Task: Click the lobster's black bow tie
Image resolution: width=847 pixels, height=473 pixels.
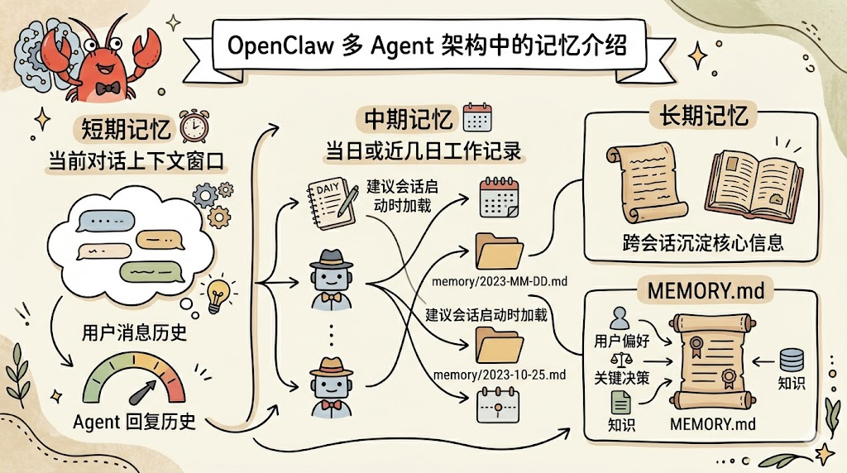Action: (x=103, y=88)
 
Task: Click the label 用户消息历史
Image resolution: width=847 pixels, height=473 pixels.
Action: (x=134, y=333)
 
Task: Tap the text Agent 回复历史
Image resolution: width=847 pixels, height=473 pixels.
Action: (x=134, y=422)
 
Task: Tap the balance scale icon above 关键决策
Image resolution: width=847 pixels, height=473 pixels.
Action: (x=615, y=359)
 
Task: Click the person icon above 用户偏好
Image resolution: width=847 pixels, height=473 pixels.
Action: (x=619, y=317)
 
